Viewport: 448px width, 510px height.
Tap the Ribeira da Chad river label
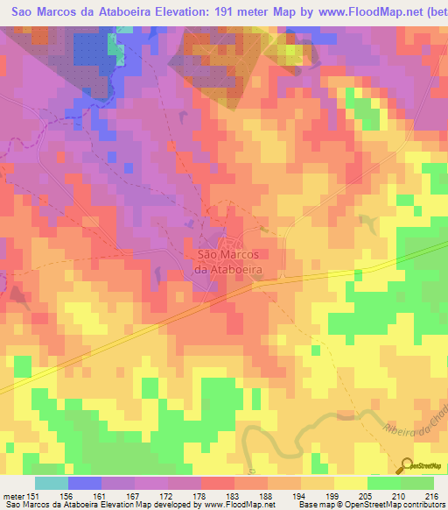412,426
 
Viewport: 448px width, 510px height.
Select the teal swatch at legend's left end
51,483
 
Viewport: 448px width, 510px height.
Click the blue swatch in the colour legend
84,483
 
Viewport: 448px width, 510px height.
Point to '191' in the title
218,12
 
